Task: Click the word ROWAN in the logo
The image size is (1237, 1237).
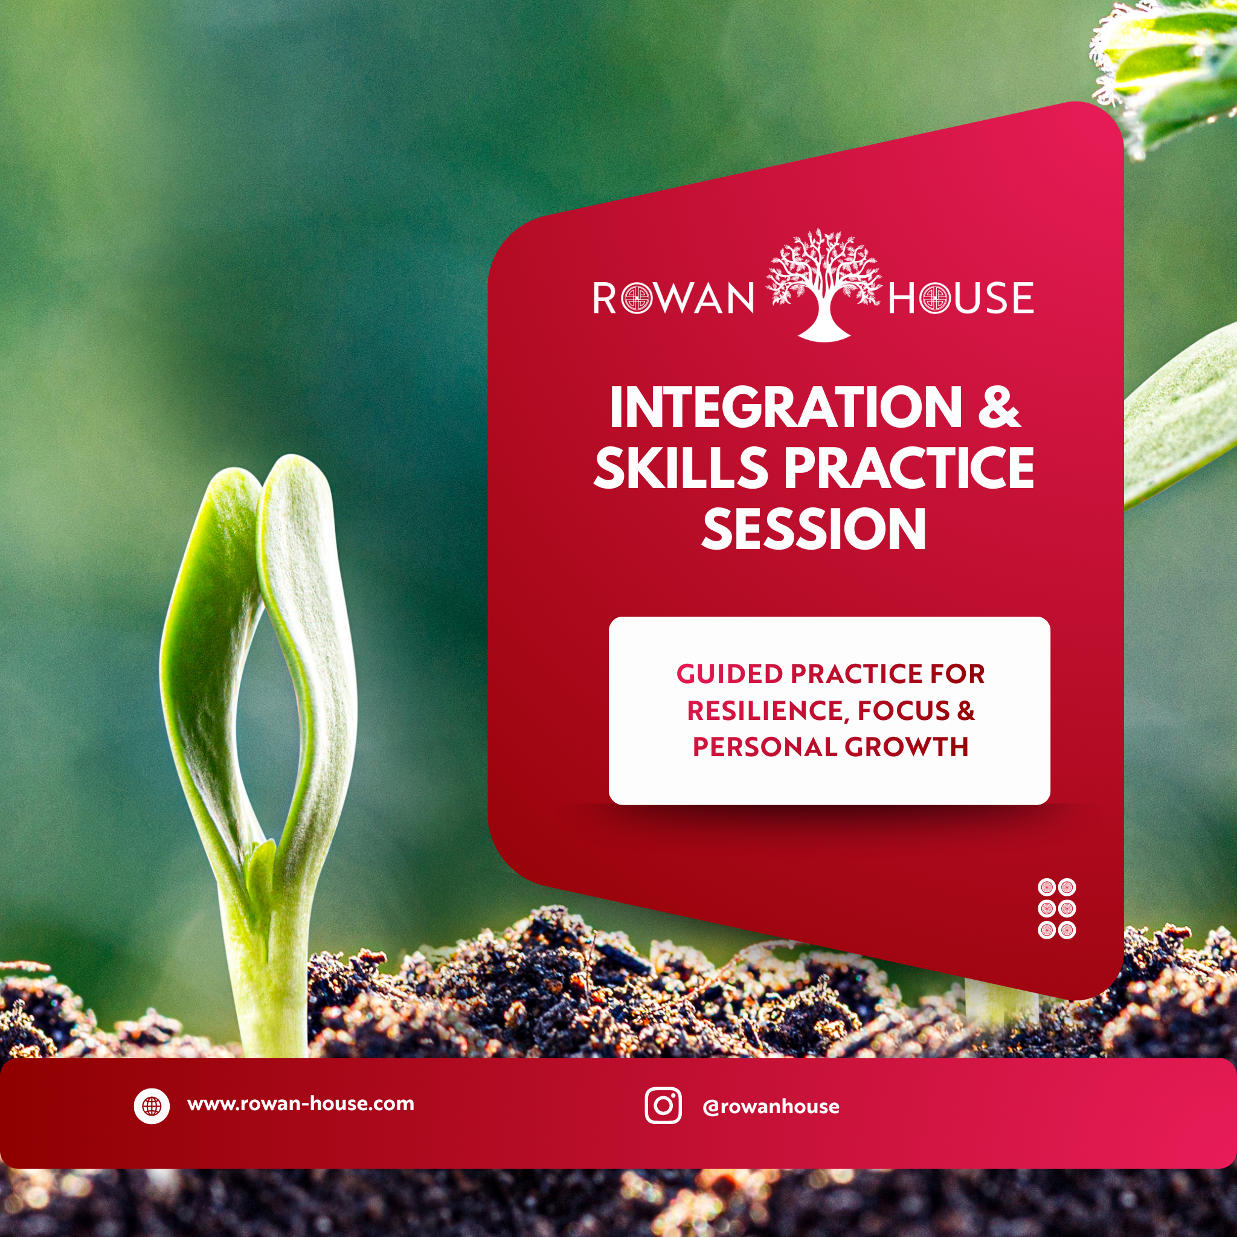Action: pos(673,298)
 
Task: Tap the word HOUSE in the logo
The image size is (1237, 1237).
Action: pos(960,298)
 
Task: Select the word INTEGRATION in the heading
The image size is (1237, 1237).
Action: pos(785,408)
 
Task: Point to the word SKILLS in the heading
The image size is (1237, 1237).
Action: pos(681,468)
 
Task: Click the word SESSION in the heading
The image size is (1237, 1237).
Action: pos(814,529)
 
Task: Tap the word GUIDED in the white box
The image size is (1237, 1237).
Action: pos(729,674)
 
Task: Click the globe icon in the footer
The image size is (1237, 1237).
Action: pos(152,1106)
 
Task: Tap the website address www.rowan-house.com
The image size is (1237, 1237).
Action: pos(300,1105)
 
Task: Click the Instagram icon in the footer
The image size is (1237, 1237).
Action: pos(663,1106)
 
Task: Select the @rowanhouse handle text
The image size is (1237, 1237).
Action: pos(770,1107)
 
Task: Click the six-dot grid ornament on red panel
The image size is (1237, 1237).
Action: pos(1056,908)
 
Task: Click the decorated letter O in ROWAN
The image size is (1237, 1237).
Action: pos(637,299)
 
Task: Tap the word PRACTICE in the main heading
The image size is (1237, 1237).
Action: pos(909,468)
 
